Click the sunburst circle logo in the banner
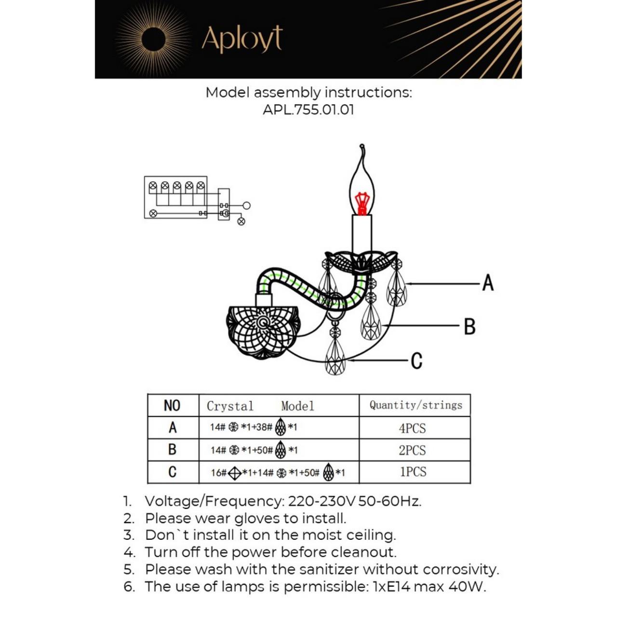coord(154,39)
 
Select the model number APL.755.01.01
coord(308,109)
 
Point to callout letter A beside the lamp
coord(488,283)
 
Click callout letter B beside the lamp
coord(469,326)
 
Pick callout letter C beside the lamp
coord(417,361)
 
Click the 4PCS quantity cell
coord(413,428)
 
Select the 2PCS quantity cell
coord(413,450)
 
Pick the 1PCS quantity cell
coord(413,472)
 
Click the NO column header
coord(172,405)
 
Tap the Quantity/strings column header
coord(416,405)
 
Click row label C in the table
coord(172,472)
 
